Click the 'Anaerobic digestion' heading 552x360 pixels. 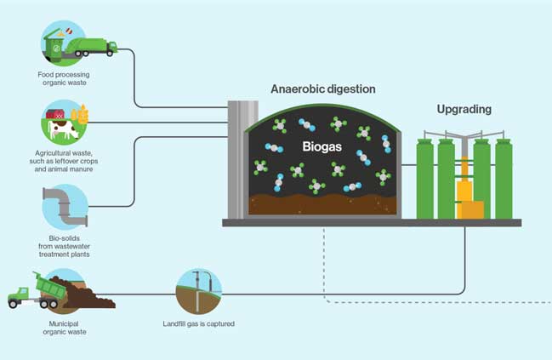tap(322, 89)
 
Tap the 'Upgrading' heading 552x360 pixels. tap(464, 110)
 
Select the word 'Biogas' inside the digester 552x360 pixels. tap(322, 146)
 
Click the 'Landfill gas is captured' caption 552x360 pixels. tap(198, 324)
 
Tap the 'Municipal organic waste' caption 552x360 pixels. tap(62, 328)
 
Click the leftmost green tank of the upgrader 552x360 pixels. tap(424, 179)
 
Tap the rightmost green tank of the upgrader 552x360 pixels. tap(504, 179)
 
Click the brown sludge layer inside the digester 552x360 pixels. tap(323, 205)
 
